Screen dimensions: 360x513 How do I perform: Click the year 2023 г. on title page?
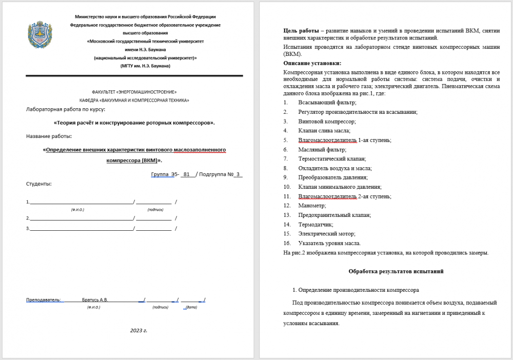point(139,330)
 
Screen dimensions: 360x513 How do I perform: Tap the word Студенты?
point(38,184)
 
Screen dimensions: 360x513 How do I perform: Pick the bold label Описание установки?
point(312,64)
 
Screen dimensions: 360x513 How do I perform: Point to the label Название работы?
point(49,136)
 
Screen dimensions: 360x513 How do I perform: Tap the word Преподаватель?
point(44,299)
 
